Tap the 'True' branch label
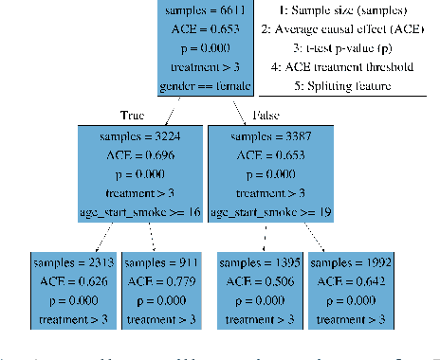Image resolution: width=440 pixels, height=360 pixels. click(134, 114)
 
